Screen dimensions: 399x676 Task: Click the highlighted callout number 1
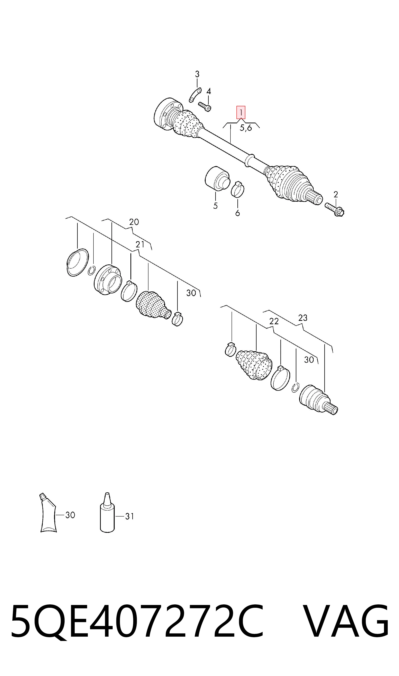click(241, 112)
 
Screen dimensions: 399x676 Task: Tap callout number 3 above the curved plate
click(197, 74)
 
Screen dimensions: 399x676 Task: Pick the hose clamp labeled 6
click(238, 189)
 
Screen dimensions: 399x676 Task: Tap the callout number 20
click(134, 222)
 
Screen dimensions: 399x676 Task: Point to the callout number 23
click(303, 318)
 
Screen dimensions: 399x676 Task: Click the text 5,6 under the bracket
click(246, 128)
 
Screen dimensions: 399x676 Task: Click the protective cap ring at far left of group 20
click(78, 262)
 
